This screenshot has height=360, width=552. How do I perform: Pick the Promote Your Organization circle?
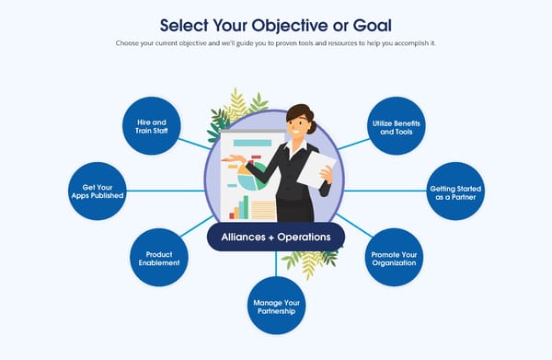tap(395, 255)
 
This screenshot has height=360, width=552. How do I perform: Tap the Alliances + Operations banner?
tap(276, 236)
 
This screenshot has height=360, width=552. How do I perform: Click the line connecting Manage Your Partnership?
tap(276, 263)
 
